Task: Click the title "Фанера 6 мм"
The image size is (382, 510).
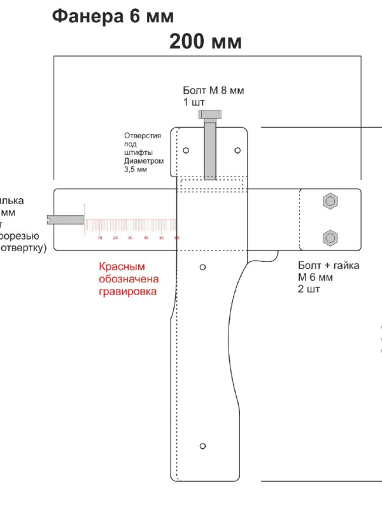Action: [x=112, y=16]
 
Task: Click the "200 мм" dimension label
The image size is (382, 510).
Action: [x=205, y=42]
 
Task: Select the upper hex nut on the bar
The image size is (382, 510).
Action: [x=330, y=202]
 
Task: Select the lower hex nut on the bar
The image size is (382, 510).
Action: [x=330, y=238]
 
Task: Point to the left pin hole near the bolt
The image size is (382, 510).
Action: [x=185, y=150]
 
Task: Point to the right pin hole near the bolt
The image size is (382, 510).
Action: [x=237, y=150]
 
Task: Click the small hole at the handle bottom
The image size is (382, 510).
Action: [x=202, y=445]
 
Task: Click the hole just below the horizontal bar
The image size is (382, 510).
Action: [x=202, y=266]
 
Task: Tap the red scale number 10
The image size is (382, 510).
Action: [x=100, y=238]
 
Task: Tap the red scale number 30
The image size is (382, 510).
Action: [x=131, y=238]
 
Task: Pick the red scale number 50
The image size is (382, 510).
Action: [x=161, y=238]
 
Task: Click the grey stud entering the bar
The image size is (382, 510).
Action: [x=67, y=219]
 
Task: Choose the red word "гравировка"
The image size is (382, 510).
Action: [x=127, y=291]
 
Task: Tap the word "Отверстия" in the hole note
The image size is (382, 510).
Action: [x=143, y=136]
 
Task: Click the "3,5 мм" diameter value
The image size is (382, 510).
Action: [x=136, y=170]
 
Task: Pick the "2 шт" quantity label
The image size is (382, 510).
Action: [x=309, y=289]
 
